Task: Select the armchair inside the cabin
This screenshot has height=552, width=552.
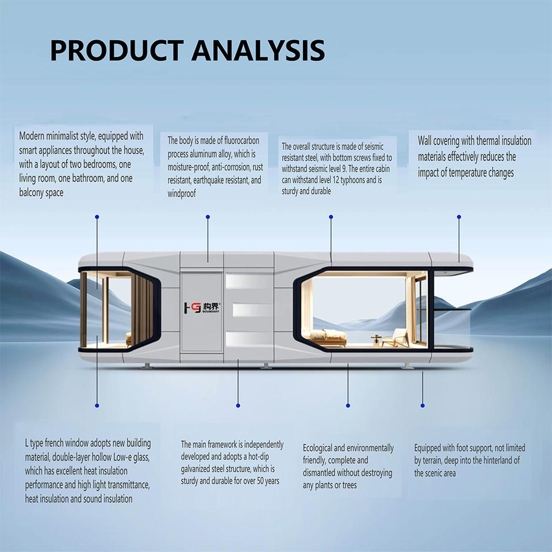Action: pyautogui.click(x=395, y=338)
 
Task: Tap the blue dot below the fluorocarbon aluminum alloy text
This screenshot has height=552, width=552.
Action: pyautogui.click(x=208, y=217)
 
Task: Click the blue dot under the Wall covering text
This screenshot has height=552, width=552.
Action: pyautogui.click(x=459, y=217)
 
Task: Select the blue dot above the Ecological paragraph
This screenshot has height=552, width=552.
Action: pyautogui.click(x=347, y=405)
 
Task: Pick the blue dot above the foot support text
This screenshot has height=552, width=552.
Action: pyautogui.click(x=423, y=405)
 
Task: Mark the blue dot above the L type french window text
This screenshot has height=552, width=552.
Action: pyautogui.click(x=97, y=405)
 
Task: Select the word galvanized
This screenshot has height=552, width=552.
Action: pyautogui.click(x=199, y=469)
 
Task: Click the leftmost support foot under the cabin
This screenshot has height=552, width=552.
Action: pyautogui.click(x=147, y=366)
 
